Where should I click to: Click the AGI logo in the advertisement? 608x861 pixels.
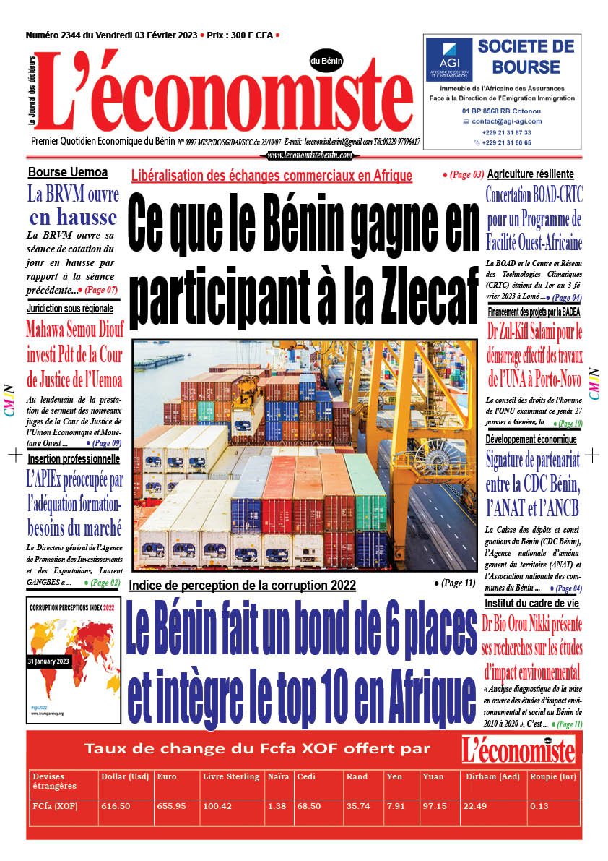448,59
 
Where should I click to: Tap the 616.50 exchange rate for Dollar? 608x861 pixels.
115,805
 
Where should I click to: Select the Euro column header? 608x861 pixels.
167,776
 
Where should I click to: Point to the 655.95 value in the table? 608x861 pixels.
171,805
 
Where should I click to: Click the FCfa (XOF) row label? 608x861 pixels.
56,805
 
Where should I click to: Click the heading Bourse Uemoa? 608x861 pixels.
67,172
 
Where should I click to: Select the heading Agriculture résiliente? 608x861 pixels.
531,174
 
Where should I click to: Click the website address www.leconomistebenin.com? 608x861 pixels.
310,155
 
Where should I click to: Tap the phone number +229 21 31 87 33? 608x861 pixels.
507,132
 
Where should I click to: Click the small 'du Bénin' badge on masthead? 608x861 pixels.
326,61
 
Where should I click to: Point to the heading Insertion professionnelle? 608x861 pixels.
74,458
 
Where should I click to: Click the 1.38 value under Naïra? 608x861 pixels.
276,805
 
